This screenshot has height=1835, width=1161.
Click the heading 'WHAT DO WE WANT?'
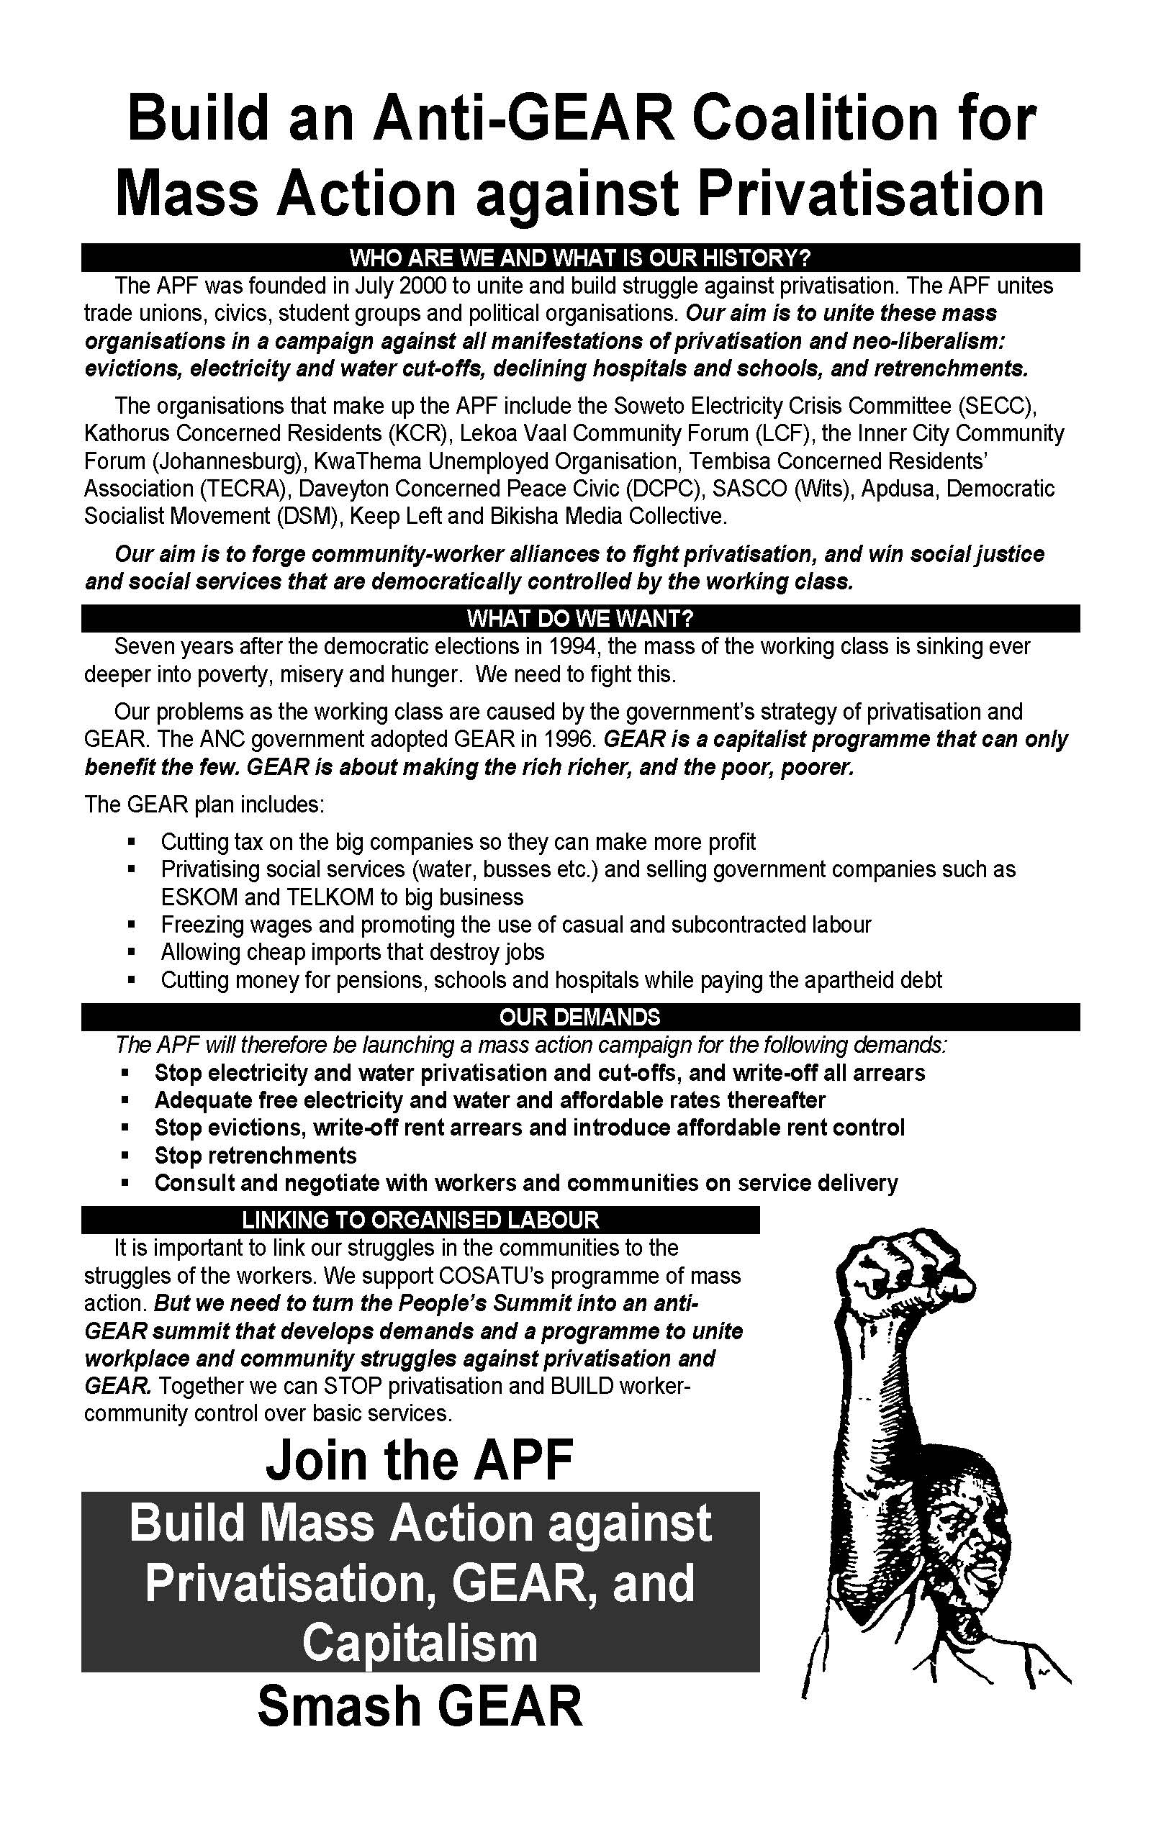(580, 618)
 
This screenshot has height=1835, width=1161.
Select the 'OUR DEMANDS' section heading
(580, 1018)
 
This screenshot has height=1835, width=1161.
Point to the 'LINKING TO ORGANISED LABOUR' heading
(420, 1220)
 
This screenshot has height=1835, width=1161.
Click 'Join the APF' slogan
(420, 1459)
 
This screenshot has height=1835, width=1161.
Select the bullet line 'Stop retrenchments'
(256, 1155)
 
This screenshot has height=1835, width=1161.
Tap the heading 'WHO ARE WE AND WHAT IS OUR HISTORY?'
(580, 258)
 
